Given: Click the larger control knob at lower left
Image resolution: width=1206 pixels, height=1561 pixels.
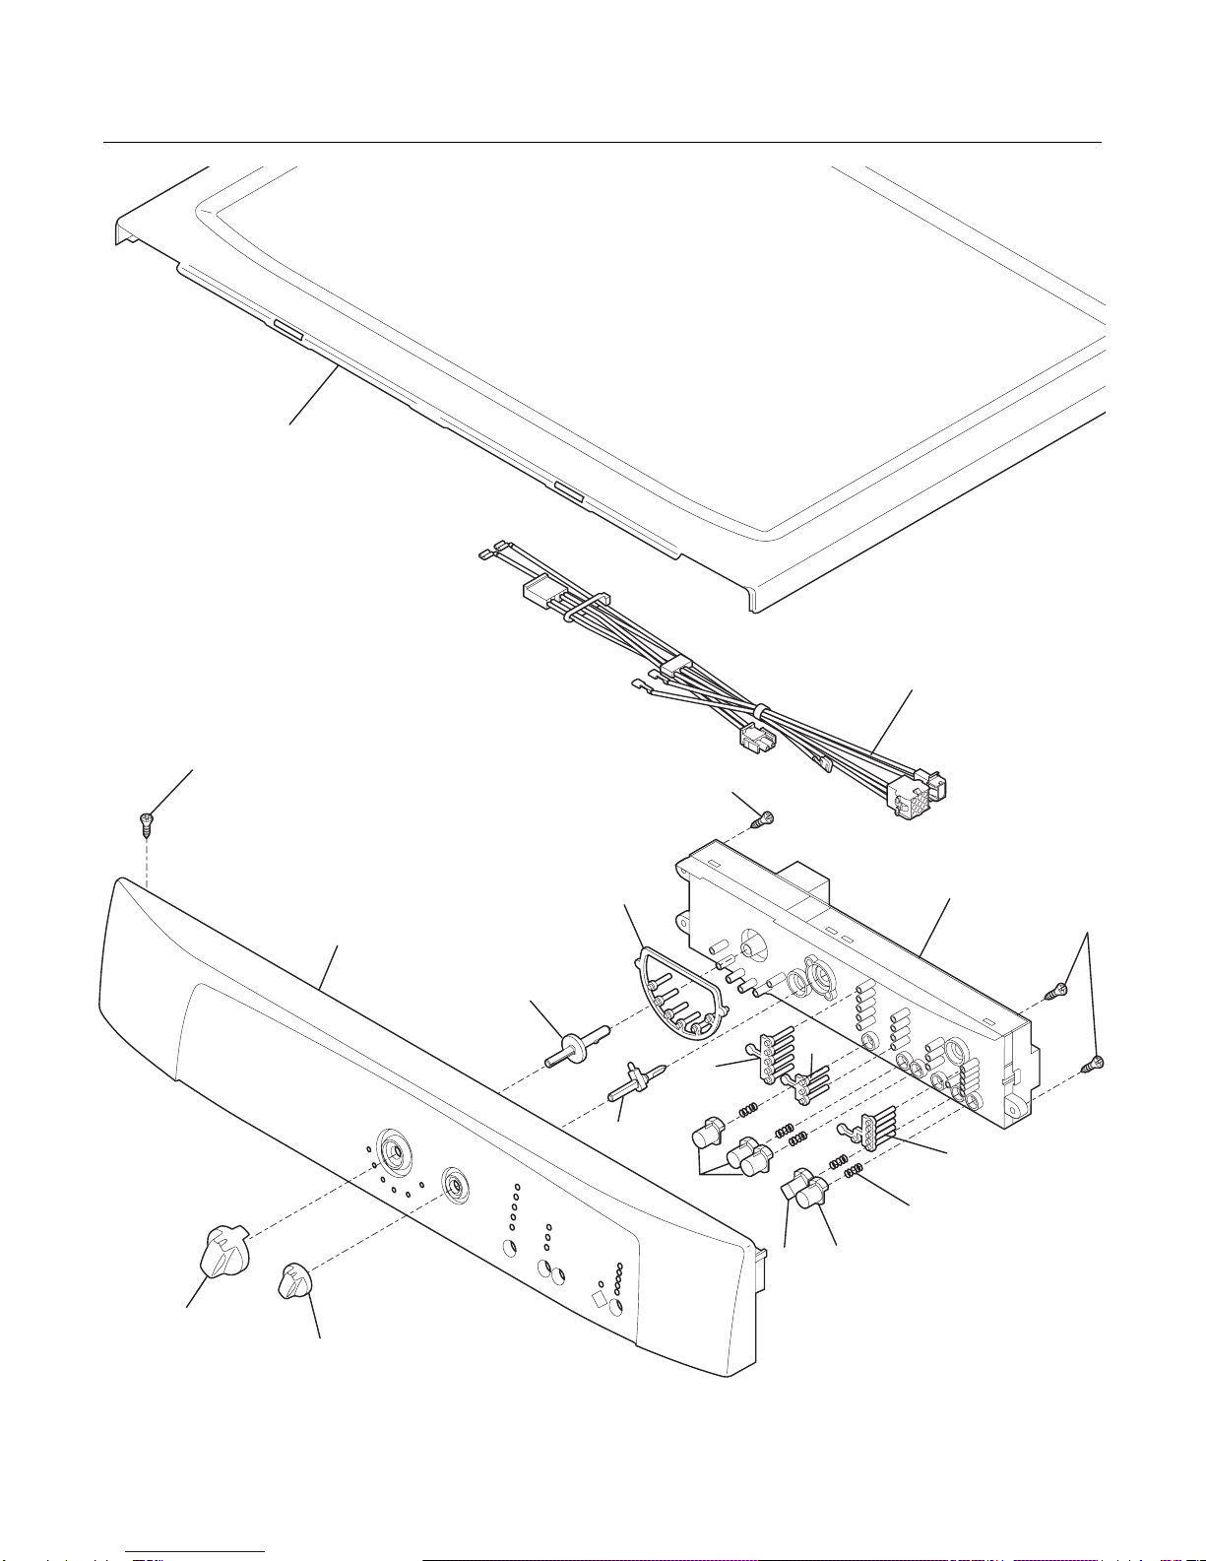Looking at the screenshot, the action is tap(224, 1251).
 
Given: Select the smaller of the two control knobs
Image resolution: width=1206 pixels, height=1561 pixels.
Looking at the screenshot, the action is tap(292, 1281).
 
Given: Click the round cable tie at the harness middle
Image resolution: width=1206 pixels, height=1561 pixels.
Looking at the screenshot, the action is tap(760, 711).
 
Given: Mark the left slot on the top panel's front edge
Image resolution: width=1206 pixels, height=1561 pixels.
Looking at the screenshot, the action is tap(289, 329).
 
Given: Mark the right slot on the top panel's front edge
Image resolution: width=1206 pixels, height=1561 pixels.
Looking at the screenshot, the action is tap(569, 491).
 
